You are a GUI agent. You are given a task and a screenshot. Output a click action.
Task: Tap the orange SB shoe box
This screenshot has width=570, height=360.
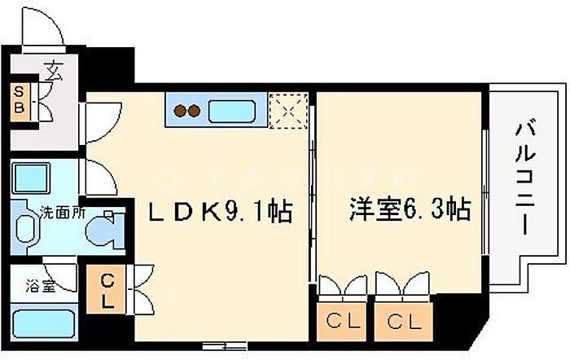20,99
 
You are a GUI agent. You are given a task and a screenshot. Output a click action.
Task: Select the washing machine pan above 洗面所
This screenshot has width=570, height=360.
32,178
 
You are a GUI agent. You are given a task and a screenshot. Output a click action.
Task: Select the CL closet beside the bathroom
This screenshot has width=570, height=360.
106,290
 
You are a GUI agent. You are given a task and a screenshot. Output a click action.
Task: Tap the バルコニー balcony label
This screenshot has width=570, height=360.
523,177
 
